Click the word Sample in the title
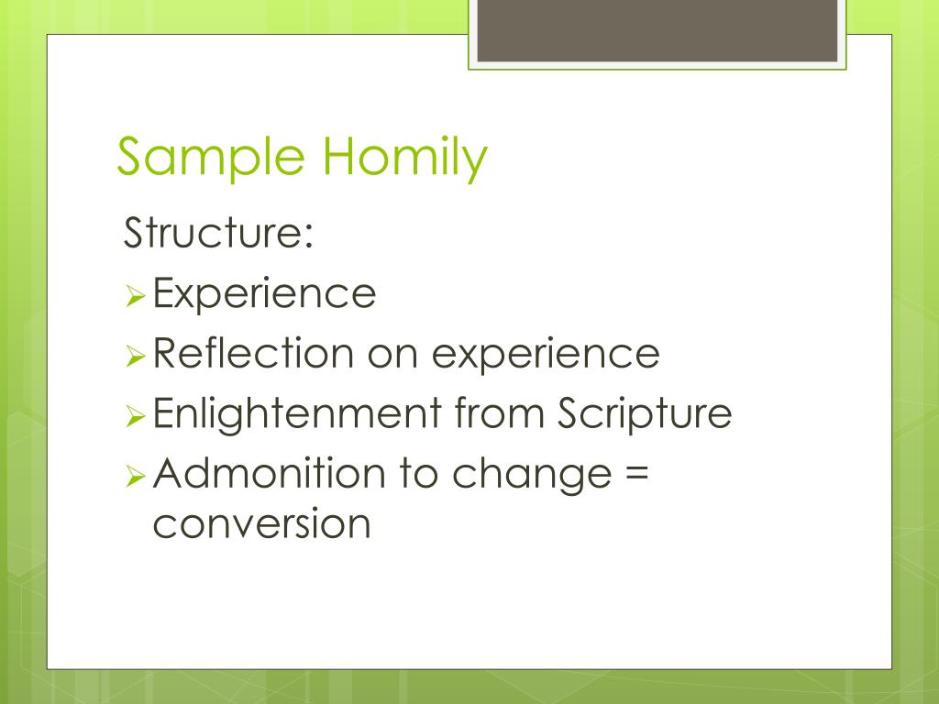click(x=212, y=157)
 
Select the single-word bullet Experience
click(x=264, y=293)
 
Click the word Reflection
click(x=253, y=353)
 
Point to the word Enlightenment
click(x=298, y=413)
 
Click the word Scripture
click(x=645, y=413)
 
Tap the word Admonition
click(x=269, y=473)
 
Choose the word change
click(x=532, y=475)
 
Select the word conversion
click(x=261, y=523)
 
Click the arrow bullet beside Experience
click(x=136, y=296)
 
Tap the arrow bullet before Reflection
click(x=136, y=357)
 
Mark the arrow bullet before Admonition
click(x=136, y=477)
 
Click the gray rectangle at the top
click(x=657, y=30)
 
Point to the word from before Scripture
click(x=500, y=412)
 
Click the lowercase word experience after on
click(x=546, y=356)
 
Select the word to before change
click(x=418, y=474)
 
